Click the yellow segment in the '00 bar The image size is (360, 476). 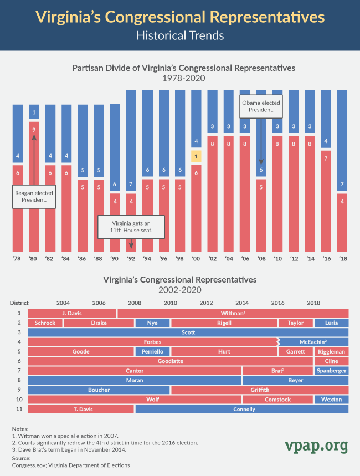(x=197, y=156)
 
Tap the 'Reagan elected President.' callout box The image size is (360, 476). (x=34, y=197)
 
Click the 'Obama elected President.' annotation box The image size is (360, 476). (x=261, y=106)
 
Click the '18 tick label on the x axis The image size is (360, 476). (x=343, y=259)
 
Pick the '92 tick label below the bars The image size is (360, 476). (x=132, y=259)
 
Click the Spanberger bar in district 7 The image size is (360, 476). (x=331, y=371)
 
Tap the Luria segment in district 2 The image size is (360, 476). (x=331, y=323)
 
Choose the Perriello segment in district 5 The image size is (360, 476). (x=152, y=351)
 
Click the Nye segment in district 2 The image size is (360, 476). (x=152, y=323)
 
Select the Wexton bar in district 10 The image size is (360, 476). (x=331, y=400)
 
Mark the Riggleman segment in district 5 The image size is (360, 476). (x=331, y=351)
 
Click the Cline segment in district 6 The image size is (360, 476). (x=331, y=361)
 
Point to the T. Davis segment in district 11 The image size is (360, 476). (x=81, y=409)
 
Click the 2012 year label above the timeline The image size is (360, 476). (x=206, y=303)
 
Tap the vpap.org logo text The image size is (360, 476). (x=317, y=446)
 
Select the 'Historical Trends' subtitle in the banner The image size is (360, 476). (x=180, y=35)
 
